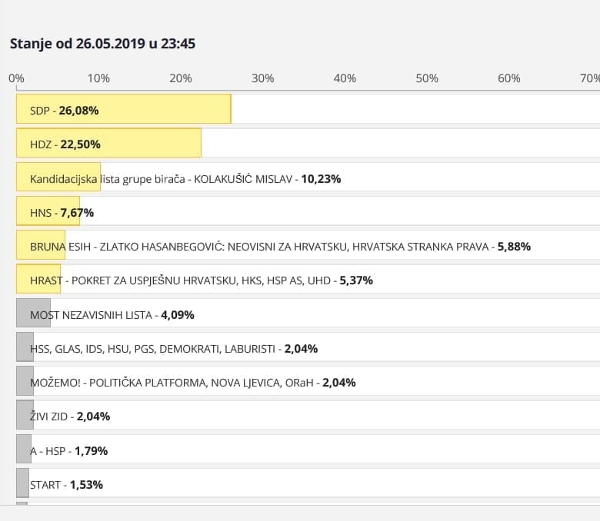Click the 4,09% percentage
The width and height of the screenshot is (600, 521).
[x=178, y=314]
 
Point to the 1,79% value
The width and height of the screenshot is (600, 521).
[x=92, y=451]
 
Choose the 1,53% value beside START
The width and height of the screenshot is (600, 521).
[x=86, y=485]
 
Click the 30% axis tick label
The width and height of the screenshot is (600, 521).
[x=263, y=78]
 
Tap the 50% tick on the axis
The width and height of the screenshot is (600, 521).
[x=427, y=78]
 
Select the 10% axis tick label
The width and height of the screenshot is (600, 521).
[x=98, y=78]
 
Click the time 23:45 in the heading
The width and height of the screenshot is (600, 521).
[x=178, y=44]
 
